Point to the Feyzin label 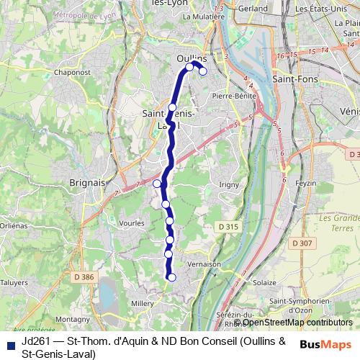305,184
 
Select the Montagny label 73,319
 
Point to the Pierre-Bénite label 231,94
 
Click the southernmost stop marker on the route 171,277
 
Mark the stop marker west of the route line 157,184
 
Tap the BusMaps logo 326,344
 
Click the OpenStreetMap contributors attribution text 287,322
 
